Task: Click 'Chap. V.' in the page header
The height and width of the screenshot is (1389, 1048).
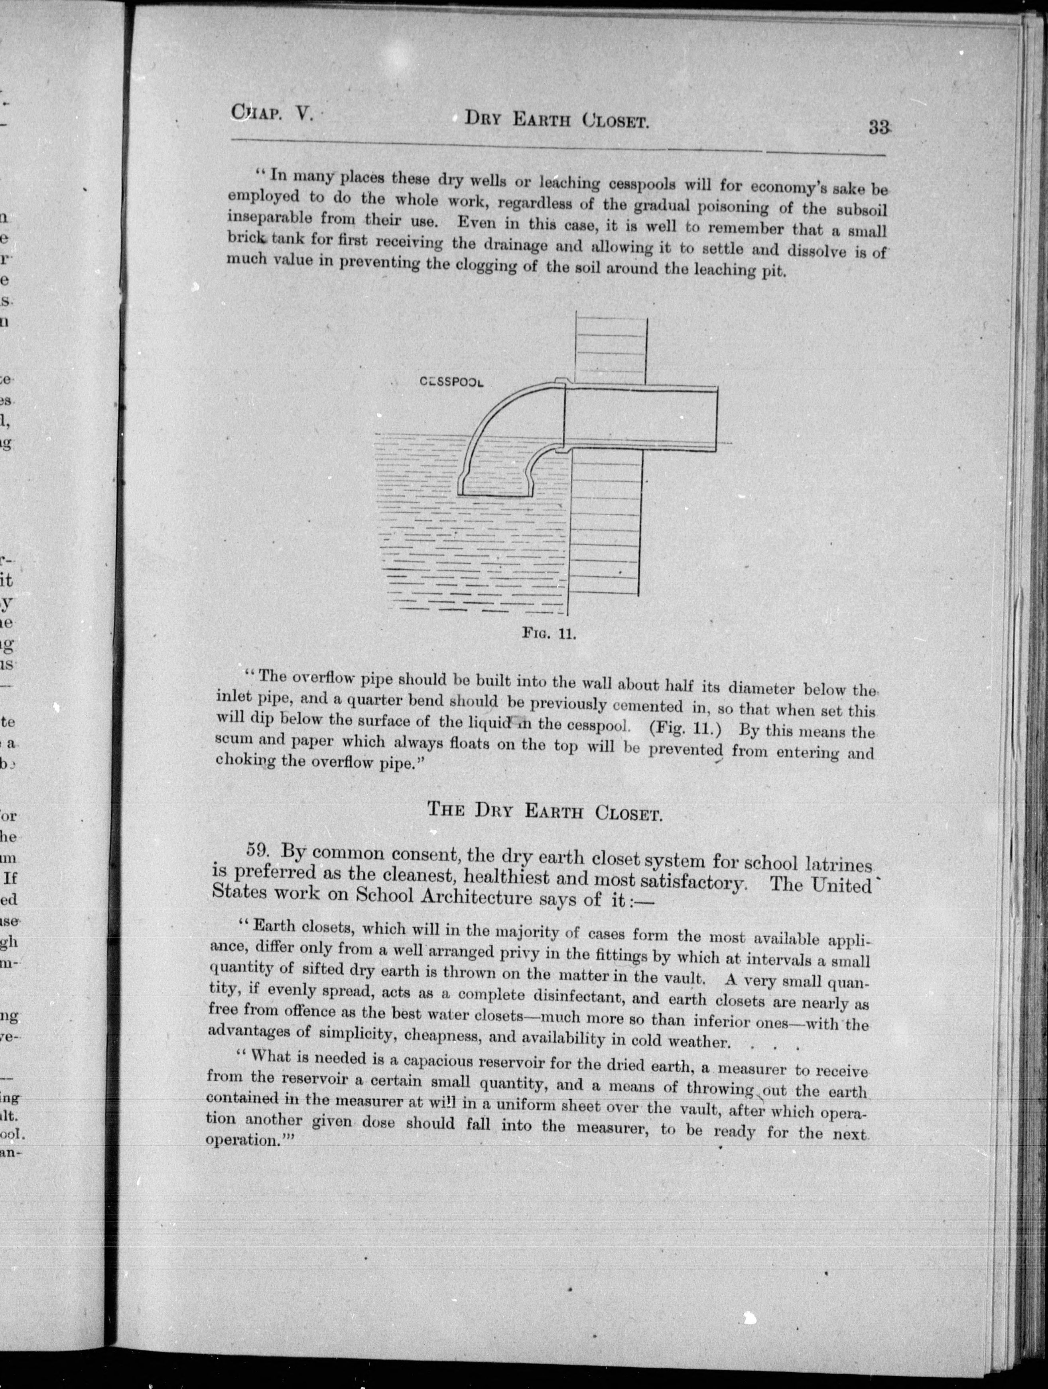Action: [x=271, y=113]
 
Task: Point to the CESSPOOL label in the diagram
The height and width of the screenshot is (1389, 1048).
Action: [x=451, y=381]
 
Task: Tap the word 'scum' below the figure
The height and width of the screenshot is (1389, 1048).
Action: [x=231, y=740]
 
